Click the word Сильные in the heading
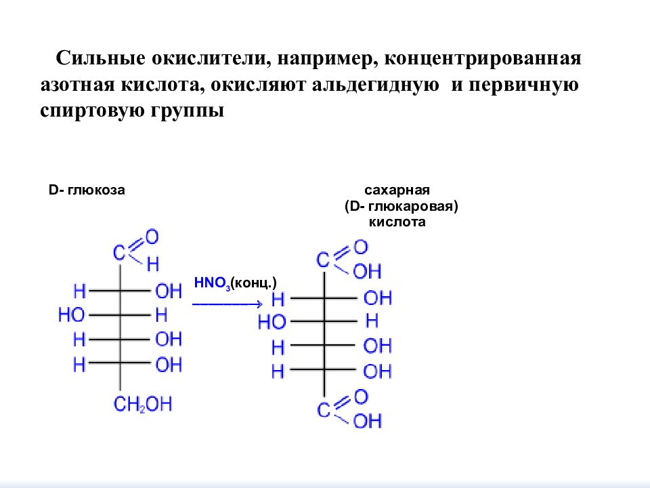101,58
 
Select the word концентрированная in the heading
483,58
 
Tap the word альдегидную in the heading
375,85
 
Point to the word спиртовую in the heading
93,111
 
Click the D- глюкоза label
87,190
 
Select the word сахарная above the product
397,190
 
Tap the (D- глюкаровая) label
402,206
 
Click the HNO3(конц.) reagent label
235,283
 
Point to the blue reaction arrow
227,304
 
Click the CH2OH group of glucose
143,404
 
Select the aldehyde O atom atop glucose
152,237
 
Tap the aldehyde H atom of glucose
153,264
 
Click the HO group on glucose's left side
71,315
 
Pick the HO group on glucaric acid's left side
272,322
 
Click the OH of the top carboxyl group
367,272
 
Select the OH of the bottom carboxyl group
367,421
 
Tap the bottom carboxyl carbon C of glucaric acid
324,411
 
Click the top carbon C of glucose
119,253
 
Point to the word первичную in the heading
523,85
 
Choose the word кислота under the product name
397,222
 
